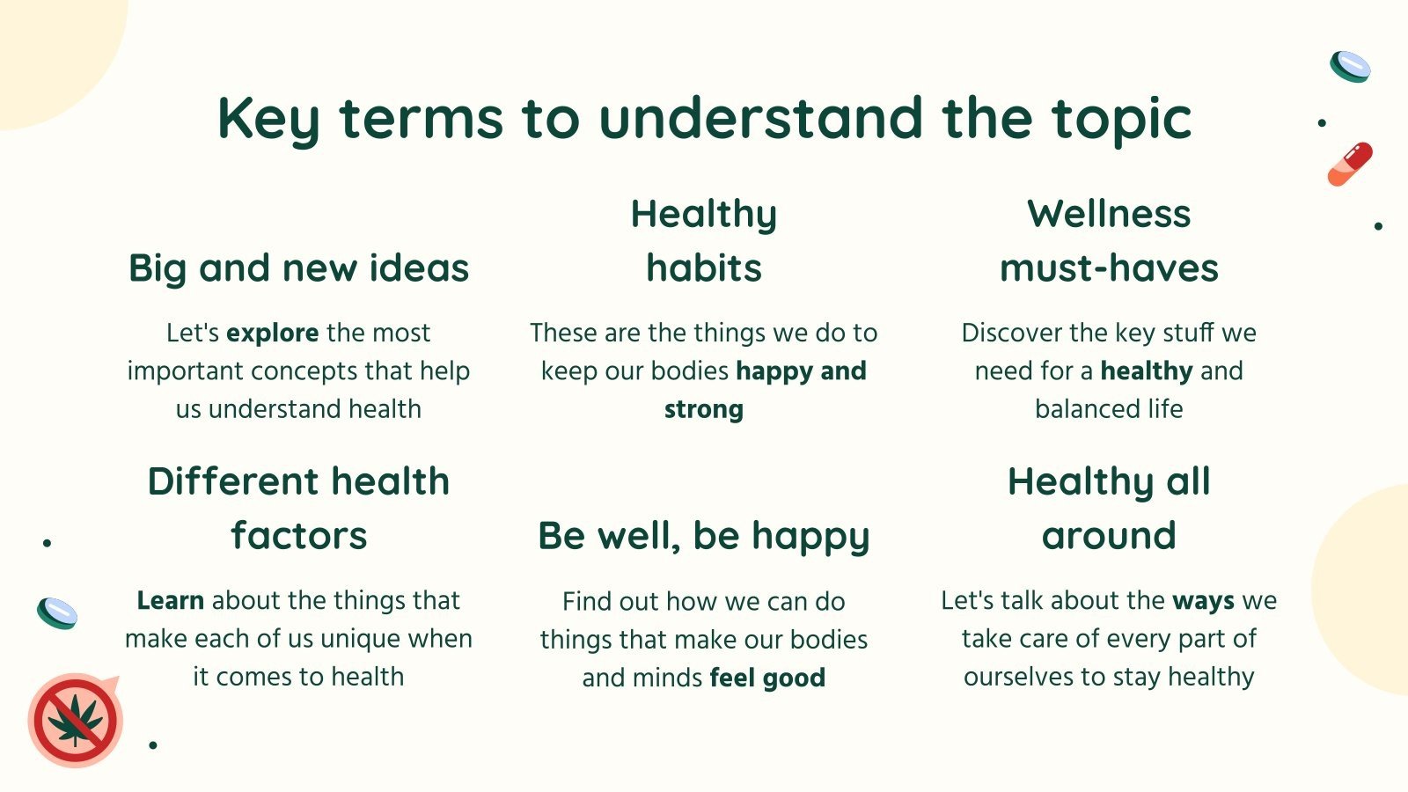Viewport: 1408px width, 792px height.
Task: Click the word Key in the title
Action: (268, 120)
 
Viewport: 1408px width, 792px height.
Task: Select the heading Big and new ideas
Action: (298, 268)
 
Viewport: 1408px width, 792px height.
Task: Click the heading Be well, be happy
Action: (704, 536)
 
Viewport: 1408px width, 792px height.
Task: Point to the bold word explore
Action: (272, 333)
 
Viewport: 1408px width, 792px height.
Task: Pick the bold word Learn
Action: (171, 600)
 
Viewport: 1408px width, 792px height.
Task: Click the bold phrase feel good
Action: (767, 678)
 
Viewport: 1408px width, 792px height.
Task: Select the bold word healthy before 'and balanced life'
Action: (1147, 370)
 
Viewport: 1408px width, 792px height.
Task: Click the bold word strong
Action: (704, 409)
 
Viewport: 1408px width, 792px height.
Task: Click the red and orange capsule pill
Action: (1350, 164)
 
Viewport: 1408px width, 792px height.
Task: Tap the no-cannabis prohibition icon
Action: (75, 721)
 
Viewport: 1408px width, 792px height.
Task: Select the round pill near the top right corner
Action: (1350, 67)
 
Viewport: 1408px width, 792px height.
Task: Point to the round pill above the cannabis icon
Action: (57, 612)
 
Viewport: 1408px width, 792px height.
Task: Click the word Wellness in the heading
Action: (1109, 214)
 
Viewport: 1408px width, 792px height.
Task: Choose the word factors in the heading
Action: (298, 536)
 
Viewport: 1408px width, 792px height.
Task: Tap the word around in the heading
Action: (1109, 536)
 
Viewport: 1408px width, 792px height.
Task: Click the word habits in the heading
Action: (704, 268)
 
